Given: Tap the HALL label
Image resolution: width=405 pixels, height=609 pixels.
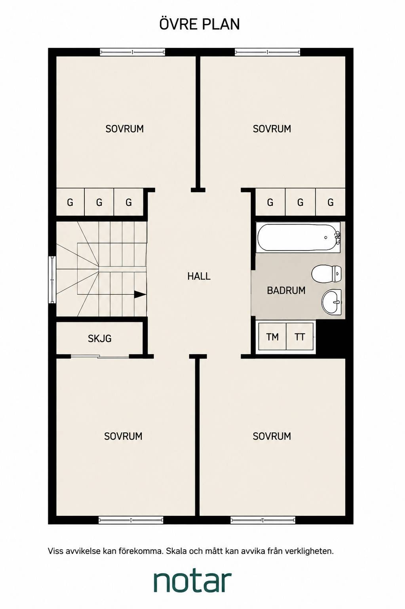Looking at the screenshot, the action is pos(199,276).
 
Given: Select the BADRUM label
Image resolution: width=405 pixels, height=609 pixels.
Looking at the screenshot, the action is pos(286,290).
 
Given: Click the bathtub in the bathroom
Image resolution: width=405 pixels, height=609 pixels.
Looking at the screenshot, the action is pos(299,237).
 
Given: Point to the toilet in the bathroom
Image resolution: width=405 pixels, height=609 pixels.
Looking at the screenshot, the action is pos(327,273).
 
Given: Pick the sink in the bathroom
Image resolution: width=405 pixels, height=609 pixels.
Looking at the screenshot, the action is pos(332,302).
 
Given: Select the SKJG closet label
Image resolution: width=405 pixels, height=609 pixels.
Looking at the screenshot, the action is pos(99,338).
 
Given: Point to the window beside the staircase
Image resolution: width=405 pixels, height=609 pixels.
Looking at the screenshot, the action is pos(52,279).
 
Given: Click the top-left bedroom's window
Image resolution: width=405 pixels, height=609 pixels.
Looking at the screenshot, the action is pos(132,52).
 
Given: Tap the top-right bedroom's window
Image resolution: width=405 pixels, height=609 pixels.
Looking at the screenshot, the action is pos(267,52).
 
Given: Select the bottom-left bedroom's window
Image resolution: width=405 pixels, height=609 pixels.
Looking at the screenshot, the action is pos(131,520).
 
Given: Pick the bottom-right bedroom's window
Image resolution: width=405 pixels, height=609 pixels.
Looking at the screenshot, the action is pos(262,520).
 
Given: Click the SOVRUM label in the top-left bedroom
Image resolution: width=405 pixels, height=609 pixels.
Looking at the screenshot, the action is pos(124,129).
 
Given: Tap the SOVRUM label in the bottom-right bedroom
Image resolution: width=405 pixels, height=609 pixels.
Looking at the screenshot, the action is pos(272,436).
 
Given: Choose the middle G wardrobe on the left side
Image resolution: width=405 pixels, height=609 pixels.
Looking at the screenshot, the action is pos(99,202).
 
